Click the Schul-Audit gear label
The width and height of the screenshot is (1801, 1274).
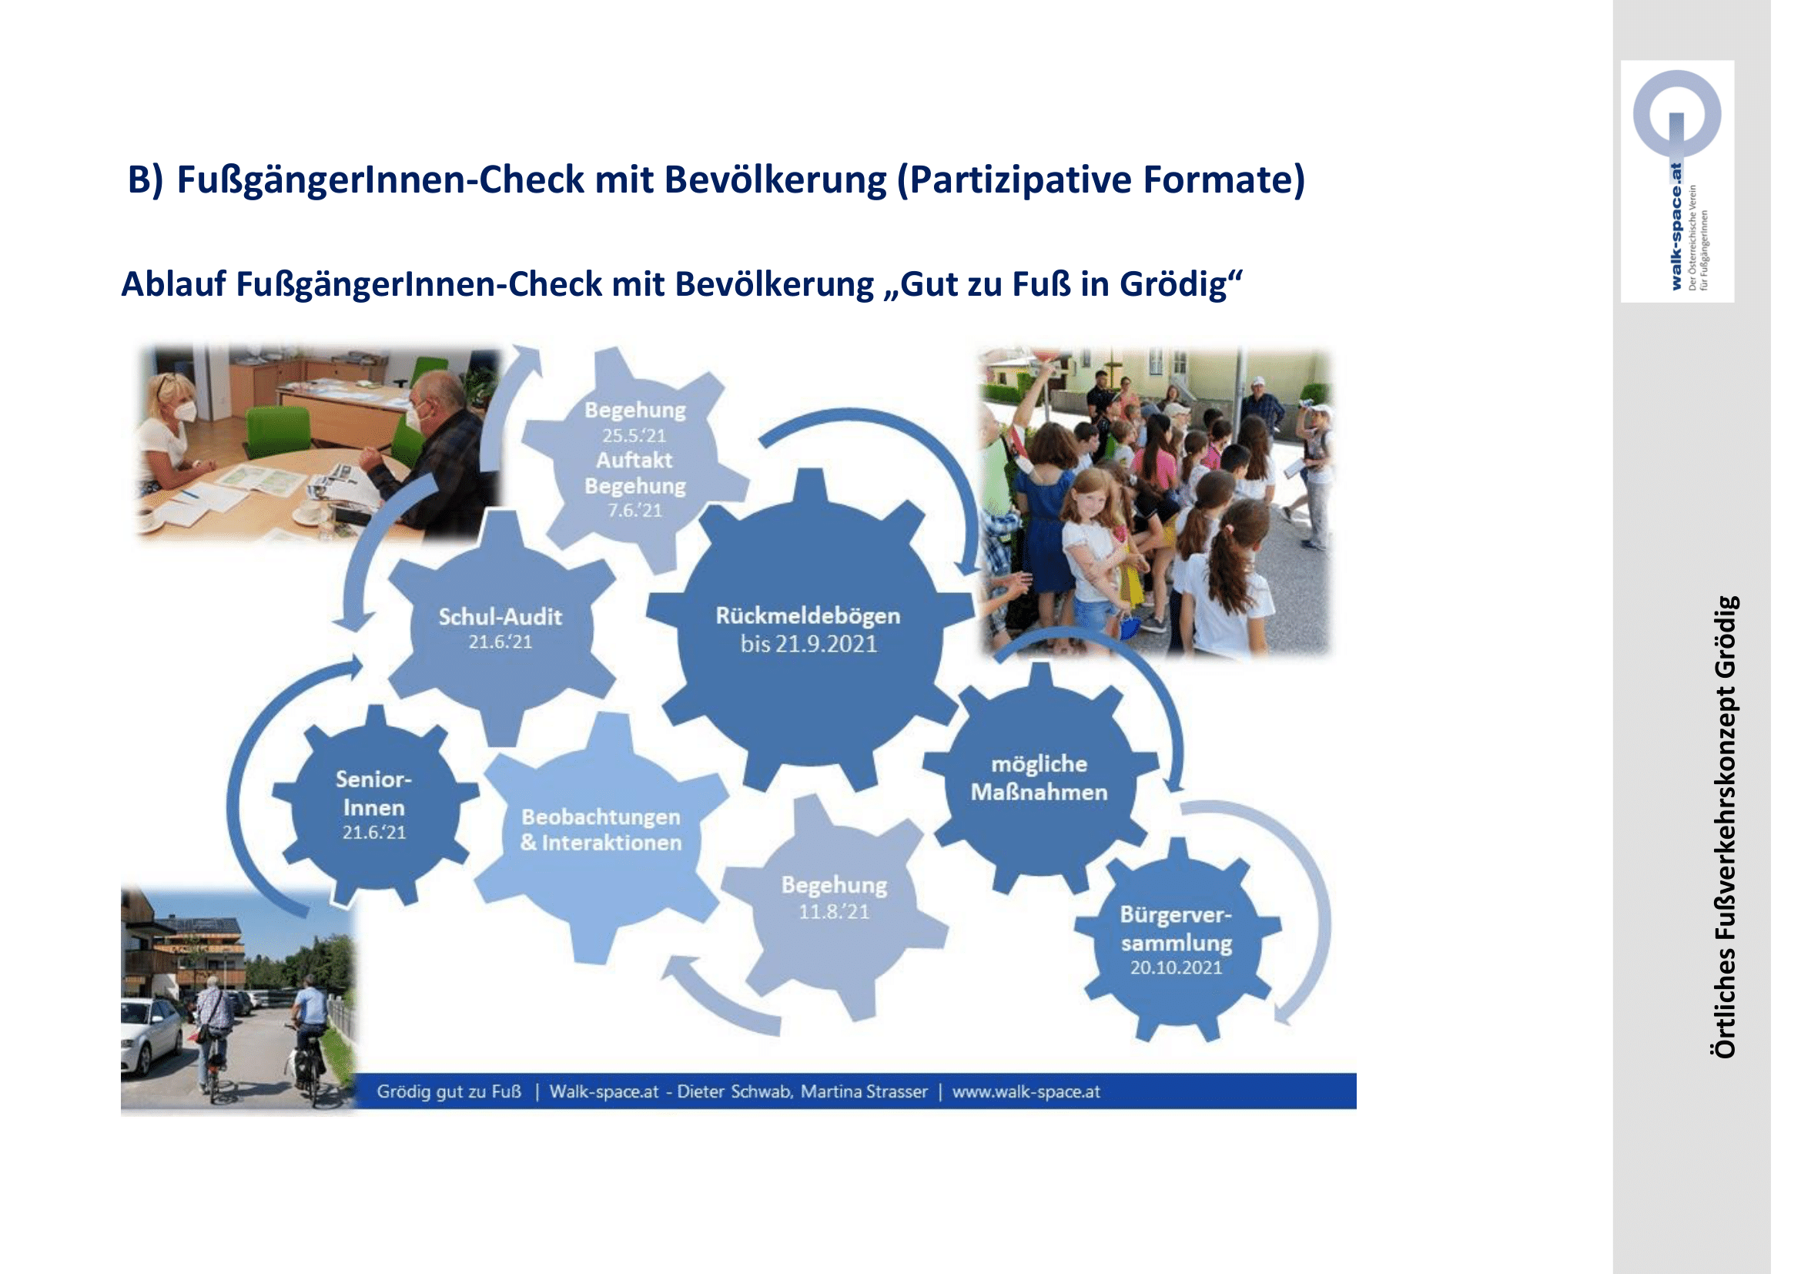click(x=500, y=617)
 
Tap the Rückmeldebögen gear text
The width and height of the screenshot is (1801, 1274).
click(x=807, y=616)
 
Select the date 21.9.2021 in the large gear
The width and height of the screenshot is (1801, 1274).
click(x=826, y=644)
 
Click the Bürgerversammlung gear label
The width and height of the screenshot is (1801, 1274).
click(x=1176, y=929)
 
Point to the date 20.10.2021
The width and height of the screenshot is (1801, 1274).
click(x=1176, y=967)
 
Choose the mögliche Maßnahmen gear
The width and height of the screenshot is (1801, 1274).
click(x=1039, y=778)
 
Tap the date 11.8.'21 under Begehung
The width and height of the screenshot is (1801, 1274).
click(x=834, y=911)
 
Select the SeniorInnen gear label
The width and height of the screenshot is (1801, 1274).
click(x=374, y=793)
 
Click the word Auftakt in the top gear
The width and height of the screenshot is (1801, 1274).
click(x=634, y=460)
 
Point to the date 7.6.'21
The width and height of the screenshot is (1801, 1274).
click(x=634, y=510)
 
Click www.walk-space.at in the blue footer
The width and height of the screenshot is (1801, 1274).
click(x=1026, y=1091)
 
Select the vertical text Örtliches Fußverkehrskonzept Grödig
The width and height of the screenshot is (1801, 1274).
click(x=1725, y=826)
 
